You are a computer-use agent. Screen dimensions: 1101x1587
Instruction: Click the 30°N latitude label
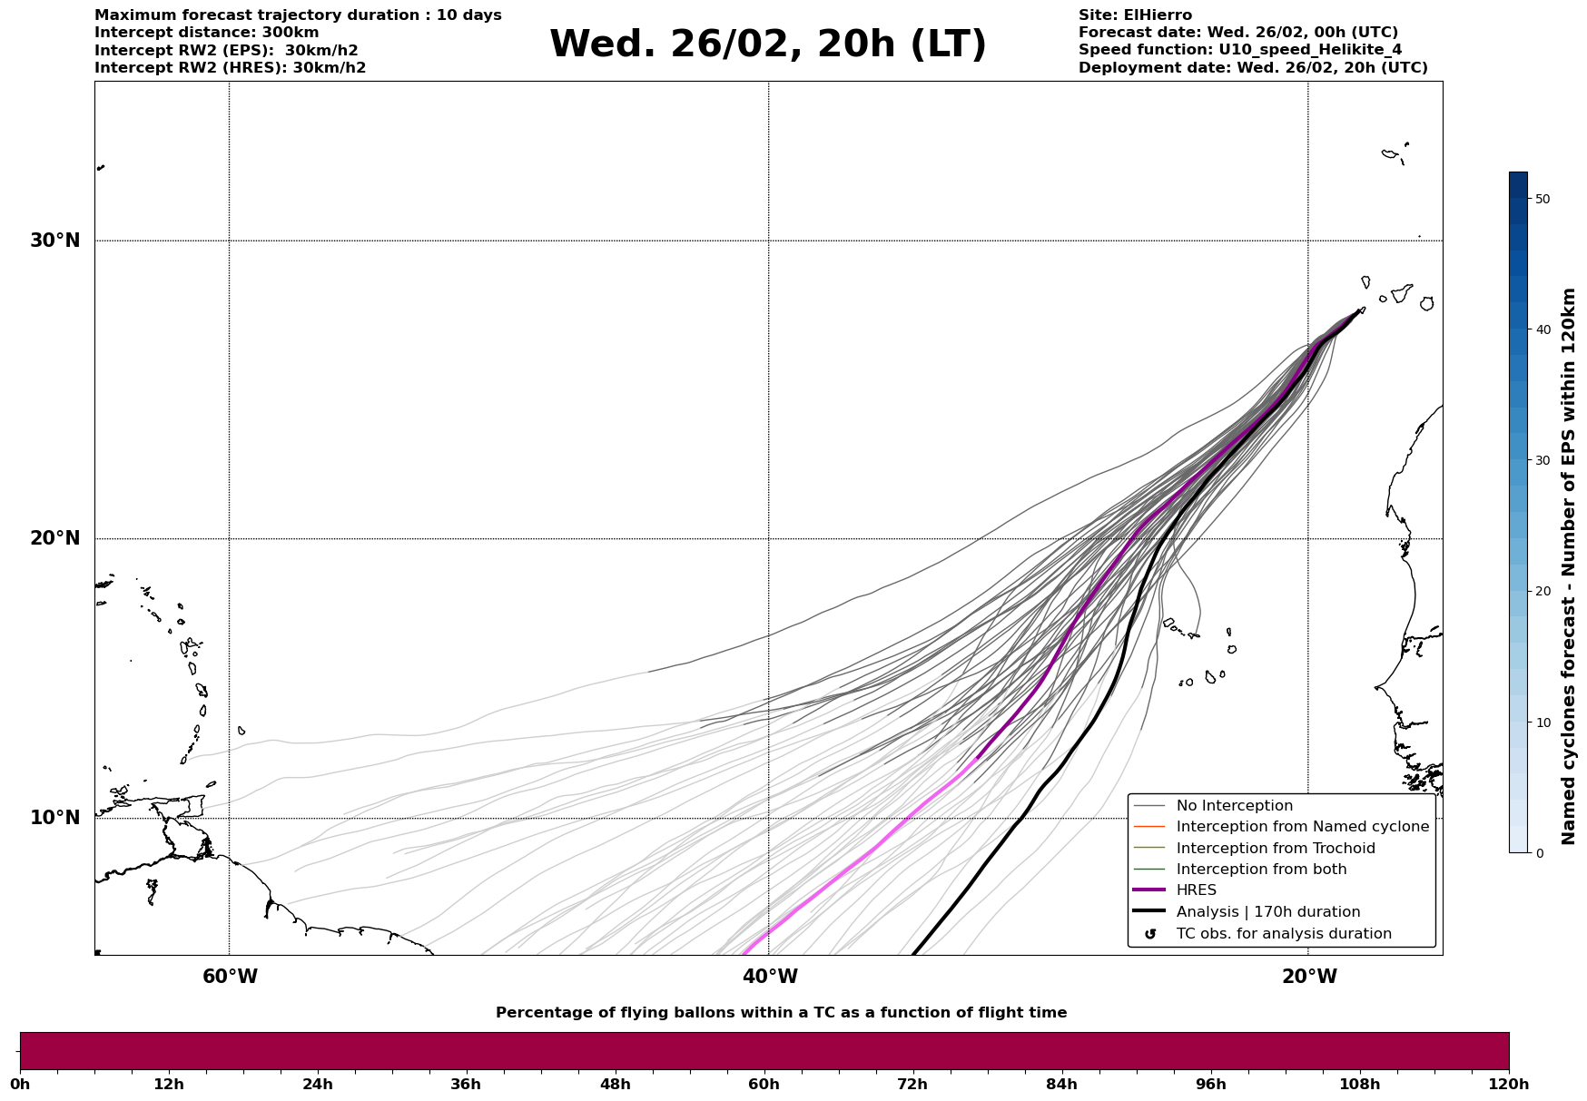[55, 241]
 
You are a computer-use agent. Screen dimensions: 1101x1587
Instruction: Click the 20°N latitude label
[55, 538]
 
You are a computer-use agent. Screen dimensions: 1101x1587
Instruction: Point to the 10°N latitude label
[55, 818]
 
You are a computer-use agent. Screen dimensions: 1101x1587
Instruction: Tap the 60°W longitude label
[230, 977]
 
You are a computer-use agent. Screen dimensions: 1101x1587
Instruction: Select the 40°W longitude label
[770, 977]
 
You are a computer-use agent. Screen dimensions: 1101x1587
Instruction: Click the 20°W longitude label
[1308, 977]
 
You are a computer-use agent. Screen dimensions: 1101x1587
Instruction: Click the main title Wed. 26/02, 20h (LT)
[767, 44]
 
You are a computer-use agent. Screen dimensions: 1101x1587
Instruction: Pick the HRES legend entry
[1196, 890]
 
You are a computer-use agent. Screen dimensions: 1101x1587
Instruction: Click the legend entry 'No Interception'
[1234, 806]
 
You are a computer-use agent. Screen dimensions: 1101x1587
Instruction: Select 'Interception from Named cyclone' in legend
[1302, 827]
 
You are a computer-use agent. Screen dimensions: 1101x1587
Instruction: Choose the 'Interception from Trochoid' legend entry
[1275, 849]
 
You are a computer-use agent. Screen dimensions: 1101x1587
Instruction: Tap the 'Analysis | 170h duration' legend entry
[1267, 912]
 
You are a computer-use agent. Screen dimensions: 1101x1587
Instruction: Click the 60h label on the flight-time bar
[764, 1084]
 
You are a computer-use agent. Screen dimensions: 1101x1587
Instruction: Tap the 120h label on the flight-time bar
[1508, 1084]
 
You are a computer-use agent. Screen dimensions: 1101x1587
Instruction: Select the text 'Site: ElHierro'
[1135, 15]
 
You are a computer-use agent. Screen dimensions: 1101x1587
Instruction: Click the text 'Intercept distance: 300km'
[206, 33]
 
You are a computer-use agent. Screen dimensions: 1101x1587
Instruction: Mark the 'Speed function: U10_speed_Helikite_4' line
[1239, 50]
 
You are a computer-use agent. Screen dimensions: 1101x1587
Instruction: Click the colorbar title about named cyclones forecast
[1568, 566]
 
